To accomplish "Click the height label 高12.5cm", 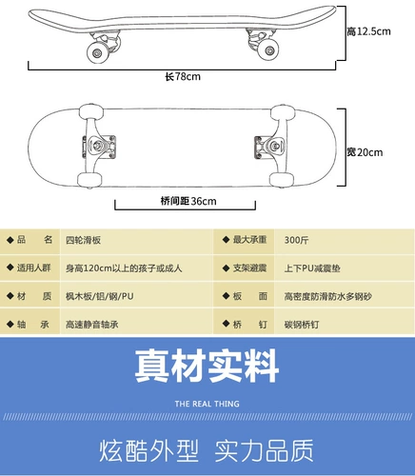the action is click(x=368, y=31).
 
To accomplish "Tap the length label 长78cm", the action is click(x=183, y=76).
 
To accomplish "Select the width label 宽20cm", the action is click(x=365, y=152).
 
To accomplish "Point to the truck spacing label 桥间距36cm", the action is click(x=188, y=201).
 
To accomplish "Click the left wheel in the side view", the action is click(x=98, y=52).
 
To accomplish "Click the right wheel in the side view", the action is click(x=268, y=50).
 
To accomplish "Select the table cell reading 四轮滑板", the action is click(x=83, y=240).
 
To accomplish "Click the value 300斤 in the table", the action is click(x=296, y=240).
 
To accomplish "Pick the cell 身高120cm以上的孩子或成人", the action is click(x=124, y=268).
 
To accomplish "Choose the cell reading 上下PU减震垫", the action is click(x=312, y=268).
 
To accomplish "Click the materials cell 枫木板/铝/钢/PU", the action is click(x=100, y=296).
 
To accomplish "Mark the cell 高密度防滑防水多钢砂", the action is click(x=328, y=296).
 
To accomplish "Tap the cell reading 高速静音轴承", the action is click(x=92, y=325).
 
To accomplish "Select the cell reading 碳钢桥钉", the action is click(x=302, y=325).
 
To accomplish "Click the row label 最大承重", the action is click(x=249, y=240).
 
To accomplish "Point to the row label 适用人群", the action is click(x=34, y=268).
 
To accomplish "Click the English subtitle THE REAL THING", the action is click(x=207, y=404).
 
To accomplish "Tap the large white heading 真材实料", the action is click(x=207, y=366).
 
